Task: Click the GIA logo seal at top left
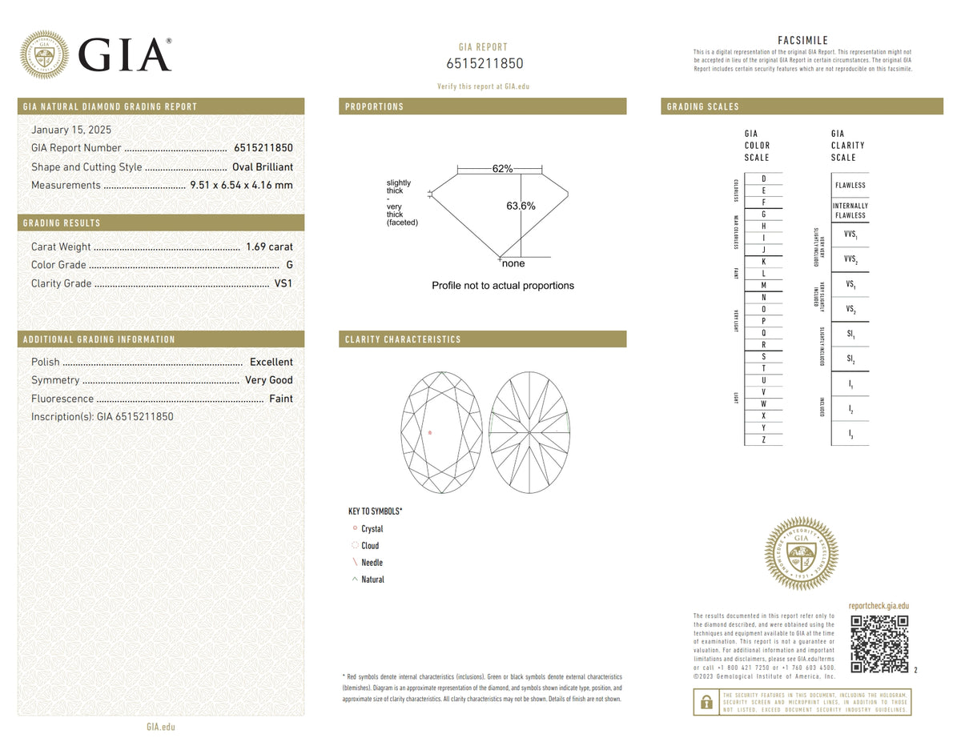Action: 44,54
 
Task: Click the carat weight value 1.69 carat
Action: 269,247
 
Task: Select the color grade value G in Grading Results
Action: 289,265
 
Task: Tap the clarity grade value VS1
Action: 283,283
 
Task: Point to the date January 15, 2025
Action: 71,130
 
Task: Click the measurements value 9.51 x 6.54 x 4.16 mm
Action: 241,185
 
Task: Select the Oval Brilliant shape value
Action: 262,166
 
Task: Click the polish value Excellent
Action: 271,362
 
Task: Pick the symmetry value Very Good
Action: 269,380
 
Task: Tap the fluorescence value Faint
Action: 280,399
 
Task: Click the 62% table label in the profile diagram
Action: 502,169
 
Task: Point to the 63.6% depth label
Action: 521,206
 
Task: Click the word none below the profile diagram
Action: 513,263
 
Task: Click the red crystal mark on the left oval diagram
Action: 430,433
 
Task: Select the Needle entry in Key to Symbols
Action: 372,563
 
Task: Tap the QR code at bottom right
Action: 879,644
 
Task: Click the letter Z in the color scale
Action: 763,439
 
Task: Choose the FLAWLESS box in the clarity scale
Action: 850,185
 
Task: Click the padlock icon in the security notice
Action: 706,702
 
